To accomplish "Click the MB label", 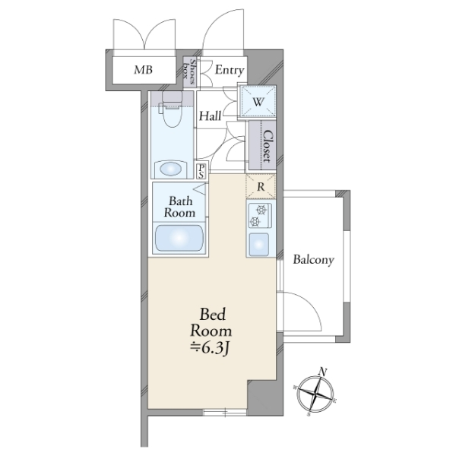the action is tap(143, 70).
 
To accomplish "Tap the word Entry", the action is tap(230, 70).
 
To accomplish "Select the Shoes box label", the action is tap(189, 71).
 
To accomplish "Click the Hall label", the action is tap(210, 116).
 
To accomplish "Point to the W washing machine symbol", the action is tap(258, 102).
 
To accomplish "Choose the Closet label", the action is tap(268, 146).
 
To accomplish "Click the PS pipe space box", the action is tap(202, 171).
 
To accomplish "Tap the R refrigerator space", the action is tap(261, 186).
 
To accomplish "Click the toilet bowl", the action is tap(172, 113).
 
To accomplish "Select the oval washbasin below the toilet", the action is tap(171, 169).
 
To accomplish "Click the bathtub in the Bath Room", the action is tap(179, 238).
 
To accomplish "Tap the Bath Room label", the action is tap(179, 207).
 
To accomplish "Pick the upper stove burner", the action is tap(261, 209).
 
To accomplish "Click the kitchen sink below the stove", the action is tap(259, 245).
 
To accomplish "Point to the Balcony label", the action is tap(313, 259).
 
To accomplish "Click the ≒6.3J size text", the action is tap(211, 347).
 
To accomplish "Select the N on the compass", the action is tap(323, 372).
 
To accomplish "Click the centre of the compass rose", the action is tap(316, 394).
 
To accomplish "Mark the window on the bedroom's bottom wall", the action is tap(225, 412).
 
